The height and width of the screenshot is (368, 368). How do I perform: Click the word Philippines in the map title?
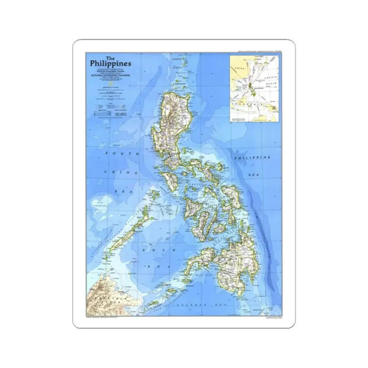110,66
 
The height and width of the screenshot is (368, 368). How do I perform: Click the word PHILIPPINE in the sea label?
251,158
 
